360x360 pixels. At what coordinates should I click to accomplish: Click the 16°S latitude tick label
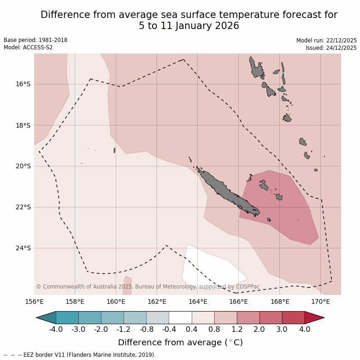(23, 84)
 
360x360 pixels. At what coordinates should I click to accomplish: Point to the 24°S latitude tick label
(23, 248)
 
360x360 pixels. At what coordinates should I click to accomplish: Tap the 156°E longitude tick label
(34, 302)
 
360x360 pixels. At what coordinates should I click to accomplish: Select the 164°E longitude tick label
(198, 302)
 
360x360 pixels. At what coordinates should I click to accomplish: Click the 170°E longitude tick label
(320, 302)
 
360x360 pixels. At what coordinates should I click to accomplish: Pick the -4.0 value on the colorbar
(56, 330)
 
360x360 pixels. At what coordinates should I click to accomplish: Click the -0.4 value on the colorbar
(169, 330)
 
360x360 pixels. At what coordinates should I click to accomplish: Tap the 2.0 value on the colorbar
(260, 330)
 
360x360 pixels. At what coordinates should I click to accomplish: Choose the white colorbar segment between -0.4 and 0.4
(180, 318)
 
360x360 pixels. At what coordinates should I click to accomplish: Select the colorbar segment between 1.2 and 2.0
(248, 318)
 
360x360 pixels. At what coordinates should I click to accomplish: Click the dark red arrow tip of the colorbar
(314, 318)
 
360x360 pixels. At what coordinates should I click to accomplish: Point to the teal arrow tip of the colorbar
(46, 318)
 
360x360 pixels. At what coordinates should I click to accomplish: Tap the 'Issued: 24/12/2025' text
(331, 48)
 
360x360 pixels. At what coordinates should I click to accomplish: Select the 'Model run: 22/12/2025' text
(326, 41)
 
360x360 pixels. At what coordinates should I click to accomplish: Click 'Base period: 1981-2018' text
(35, 40)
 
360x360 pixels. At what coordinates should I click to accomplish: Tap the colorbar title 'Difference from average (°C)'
(180, 342)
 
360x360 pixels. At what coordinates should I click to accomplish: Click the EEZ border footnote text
(80, 355)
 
